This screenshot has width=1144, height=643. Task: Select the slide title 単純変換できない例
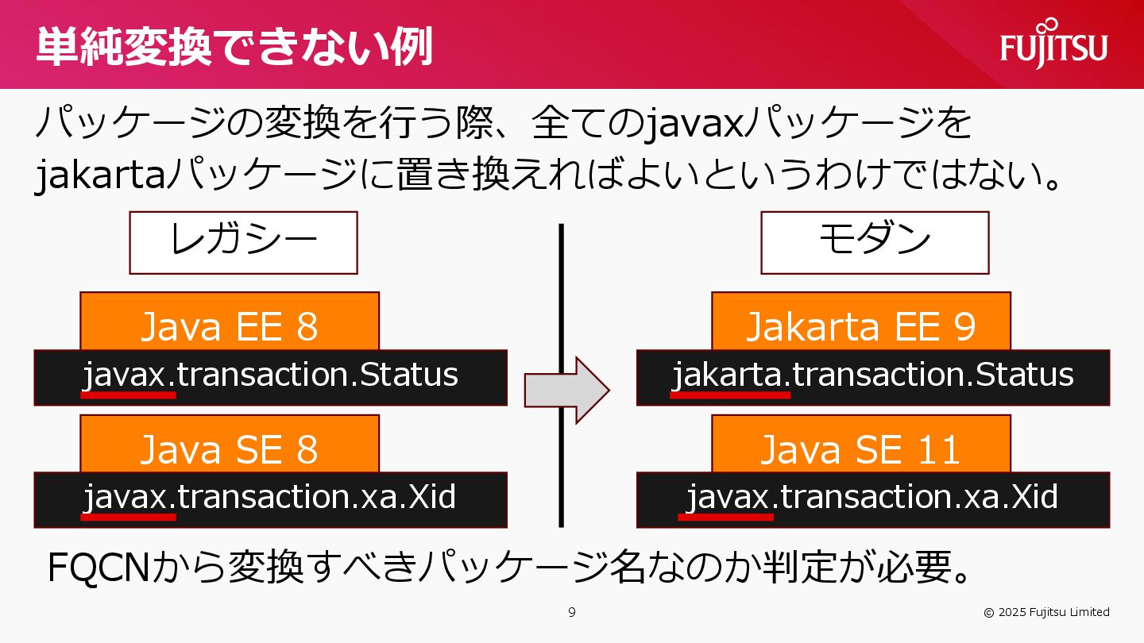(234, 46)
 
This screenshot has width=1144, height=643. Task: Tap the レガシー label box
(243, 242)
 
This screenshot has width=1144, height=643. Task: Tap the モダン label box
(875, 242)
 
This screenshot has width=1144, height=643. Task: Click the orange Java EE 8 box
(230, 321)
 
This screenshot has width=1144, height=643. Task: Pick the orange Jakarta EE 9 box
(860, 321)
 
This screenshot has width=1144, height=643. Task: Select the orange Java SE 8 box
(230, 445)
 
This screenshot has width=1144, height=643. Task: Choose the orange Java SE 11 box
(860, 445)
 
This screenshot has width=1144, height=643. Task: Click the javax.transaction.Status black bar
(270, 377)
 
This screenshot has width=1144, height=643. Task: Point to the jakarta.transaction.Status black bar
(873, 377)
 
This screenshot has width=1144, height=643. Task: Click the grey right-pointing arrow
(566, 390)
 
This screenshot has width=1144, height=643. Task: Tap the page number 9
(572, 612)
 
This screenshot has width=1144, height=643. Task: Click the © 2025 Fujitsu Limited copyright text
(1046, 612)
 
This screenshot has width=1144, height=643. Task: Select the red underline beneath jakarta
(730, 394)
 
